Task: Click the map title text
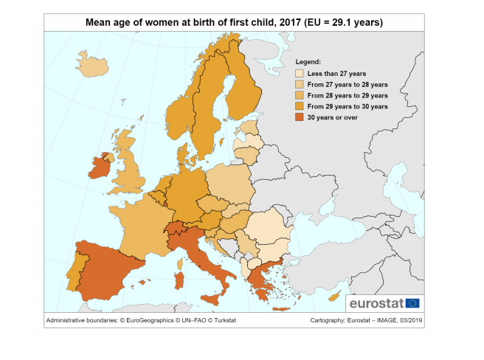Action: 234,23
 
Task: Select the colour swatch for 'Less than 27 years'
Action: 300,74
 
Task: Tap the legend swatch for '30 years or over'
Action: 300,117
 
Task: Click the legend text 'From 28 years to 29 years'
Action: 347,96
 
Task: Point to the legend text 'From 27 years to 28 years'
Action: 347,85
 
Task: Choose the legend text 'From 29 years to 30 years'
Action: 347,107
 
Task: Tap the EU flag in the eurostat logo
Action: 412,302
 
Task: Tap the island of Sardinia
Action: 178,281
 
